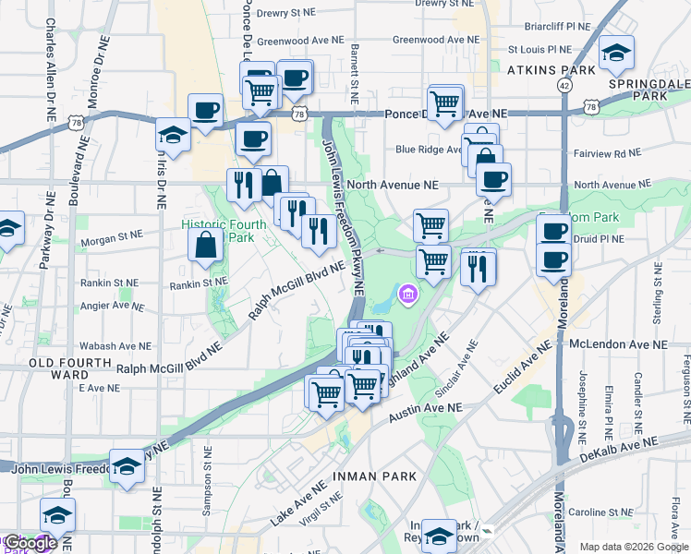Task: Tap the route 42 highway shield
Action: coord(564,84)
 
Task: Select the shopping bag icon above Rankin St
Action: coord(206,245)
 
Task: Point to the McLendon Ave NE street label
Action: coord(618,343)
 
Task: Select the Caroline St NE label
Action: coord(620,511)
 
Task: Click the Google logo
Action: coord(30,543)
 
